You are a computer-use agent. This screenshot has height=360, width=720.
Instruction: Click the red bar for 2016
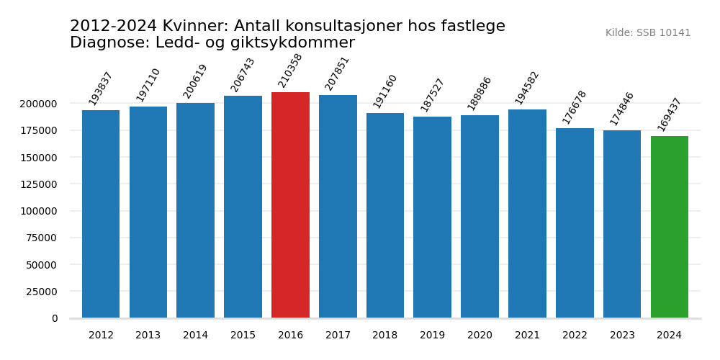[290, 205]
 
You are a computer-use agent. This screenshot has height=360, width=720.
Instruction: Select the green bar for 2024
[670, 227]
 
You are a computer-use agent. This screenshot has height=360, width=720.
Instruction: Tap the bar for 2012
[101, 214]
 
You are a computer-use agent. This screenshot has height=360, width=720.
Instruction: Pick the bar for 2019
[432, 217]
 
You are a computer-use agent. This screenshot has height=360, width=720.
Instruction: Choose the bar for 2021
[527, 214]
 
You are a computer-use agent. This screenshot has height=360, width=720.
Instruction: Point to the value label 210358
[291, 71]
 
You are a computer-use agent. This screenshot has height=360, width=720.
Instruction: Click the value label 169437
[670, 114]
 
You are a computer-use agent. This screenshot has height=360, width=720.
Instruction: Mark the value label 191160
[385, 91]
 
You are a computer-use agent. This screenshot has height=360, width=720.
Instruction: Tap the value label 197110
[148, 85]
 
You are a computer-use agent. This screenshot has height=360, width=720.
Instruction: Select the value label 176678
[575, 107]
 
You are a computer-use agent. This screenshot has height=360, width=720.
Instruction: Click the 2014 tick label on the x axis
[195, 336]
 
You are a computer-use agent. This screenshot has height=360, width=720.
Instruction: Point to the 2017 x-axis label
[338, 336]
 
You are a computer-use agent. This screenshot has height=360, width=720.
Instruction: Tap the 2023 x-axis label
[622, 336]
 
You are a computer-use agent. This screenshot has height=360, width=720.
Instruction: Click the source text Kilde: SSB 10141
[648, 33]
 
